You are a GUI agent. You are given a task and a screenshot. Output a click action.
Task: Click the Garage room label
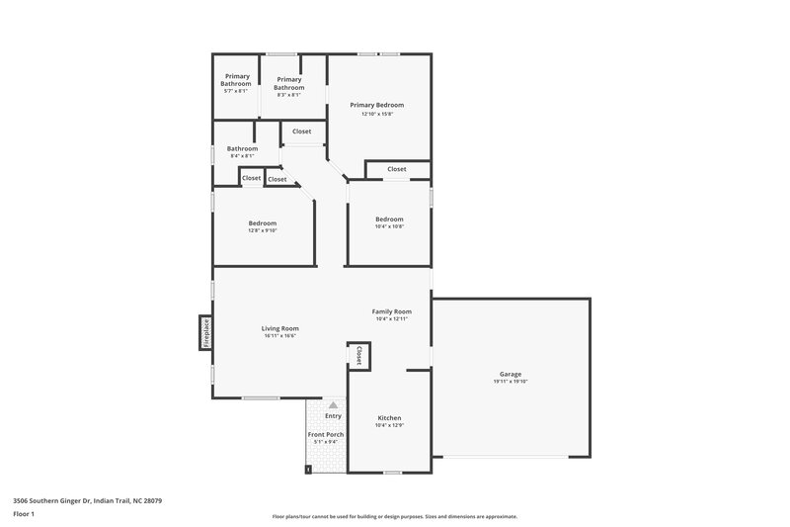tap(510, 374)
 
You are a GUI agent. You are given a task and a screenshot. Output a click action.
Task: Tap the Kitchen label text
tap(389, 418)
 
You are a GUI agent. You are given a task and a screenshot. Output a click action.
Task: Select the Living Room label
tap(279, 328)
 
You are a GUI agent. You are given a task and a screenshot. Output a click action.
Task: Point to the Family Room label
tap(391, 311)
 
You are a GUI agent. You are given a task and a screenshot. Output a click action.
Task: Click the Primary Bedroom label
tap(377, 105)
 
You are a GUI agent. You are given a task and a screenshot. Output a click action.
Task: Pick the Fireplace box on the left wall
tap(205, 331)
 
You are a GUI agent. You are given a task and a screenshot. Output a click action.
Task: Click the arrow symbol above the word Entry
tap(333, 405)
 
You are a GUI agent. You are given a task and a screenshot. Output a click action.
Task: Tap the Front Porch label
tap(325, 434)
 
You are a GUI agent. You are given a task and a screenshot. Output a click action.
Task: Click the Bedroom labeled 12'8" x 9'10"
tap(262, 223)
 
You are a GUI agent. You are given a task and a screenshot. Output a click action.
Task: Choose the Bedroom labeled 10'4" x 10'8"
tap(389, 220)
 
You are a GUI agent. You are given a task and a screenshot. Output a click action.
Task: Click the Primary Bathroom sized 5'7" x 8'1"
tap(237, 80)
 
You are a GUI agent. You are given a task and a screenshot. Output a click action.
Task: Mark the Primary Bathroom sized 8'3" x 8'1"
tap(289, 83)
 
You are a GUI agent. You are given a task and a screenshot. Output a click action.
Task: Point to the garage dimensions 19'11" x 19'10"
tap(510, 382)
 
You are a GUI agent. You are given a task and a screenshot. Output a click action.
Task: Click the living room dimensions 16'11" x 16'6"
tap(279, 336)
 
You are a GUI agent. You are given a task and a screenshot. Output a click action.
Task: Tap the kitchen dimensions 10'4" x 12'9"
tap(389, 426)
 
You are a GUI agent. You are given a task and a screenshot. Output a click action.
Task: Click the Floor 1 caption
tap(24, 514)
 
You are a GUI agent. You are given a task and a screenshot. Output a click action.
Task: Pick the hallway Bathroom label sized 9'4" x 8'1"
tap(242, 149)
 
